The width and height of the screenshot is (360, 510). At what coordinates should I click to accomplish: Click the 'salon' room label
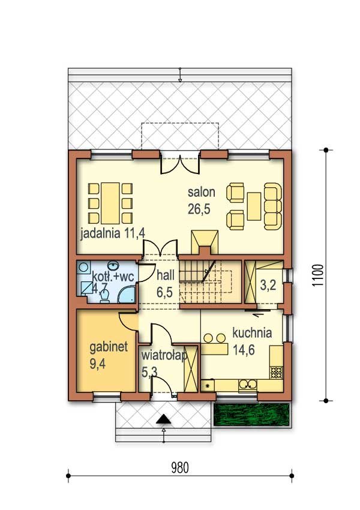click(x=202, y=192)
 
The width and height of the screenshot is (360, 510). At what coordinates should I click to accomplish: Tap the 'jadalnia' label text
click(x=100, y=233)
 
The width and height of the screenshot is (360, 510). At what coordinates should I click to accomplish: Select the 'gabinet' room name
click(x=109, y=347)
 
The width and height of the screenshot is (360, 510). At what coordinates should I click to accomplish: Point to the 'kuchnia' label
click(x=252, y=333)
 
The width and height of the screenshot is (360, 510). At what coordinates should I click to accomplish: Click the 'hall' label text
click(x=166, y=275)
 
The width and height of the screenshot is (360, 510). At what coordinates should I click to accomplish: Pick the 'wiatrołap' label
click(x=164, y=356)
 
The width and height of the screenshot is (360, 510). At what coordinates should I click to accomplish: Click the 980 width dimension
click(x=180, y=468)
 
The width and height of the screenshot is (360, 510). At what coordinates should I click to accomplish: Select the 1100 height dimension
click(x=318, y=275)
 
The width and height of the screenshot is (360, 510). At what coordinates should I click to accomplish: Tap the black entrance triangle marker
click(x=163, y=419)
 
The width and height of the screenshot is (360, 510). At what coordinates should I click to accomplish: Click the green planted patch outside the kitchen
click(x=251, y=415)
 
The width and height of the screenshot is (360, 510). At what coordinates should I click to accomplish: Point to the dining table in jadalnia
click(x=110, y=203)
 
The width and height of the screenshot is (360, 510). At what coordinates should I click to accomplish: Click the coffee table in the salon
click(x=254, y=206)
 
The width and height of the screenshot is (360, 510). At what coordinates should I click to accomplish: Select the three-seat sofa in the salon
click(x=272, y=206)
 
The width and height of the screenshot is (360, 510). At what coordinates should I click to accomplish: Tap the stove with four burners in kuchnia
click(x=277, y=373)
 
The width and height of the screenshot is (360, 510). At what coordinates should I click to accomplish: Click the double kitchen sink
click(x=248, y=385)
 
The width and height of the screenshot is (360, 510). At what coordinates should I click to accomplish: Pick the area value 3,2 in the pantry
click(x=268, y=285)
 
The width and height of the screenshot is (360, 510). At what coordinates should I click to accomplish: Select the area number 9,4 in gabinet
click(x=98, y=364)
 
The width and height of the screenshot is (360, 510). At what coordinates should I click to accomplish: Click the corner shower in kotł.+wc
click(x=127, y=295)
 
